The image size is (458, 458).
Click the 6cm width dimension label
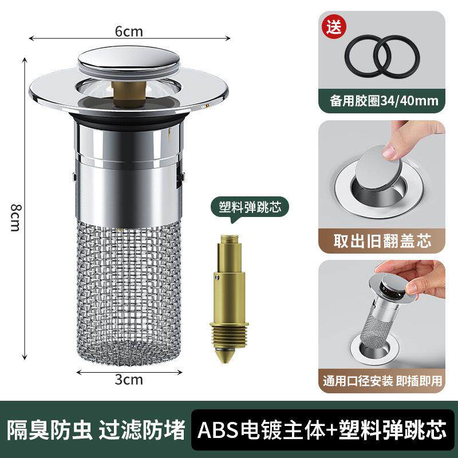pyautogui.click(x=129, y=32)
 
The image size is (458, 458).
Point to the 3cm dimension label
pyautogui.click(x=129, y=379)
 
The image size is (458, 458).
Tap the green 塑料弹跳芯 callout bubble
pyautogui.click(x=247, y=206)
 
